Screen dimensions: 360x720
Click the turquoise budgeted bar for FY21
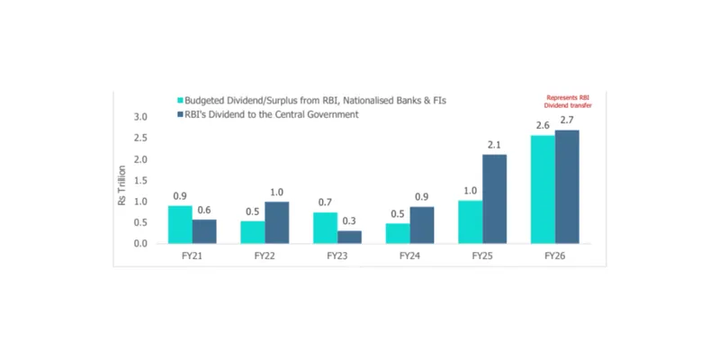coord(180,224)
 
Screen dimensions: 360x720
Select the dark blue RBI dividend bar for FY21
coord(204,231)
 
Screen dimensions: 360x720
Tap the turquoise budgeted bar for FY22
coord(252,232)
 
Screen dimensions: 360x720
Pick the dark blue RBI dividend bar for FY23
coord(349,237)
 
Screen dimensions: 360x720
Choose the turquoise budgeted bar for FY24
coord(398,233)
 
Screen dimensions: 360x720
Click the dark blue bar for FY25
coord(495,199)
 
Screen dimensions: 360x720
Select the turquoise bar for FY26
coord(543,189)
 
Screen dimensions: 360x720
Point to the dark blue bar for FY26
coord(567,186)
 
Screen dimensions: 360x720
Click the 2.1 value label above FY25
coord(495,146)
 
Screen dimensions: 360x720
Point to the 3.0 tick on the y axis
coord(140,117)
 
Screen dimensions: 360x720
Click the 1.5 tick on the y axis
coord(140,181)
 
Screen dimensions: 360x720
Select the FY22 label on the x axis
coord(265,256)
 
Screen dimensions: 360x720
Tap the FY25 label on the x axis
coord(482,256)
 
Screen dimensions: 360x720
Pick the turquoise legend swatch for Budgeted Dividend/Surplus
coord(180,101)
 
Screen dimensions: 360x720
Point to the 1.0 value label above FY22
coord(277,192)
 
